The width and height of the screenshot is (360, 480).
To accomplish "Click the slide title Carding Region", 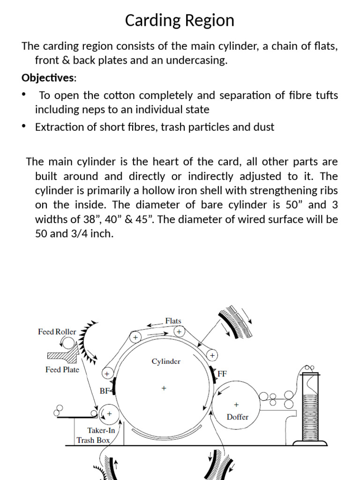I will (180, 21).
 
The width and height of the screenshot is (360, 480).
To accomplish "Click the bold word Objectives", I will (47, 77).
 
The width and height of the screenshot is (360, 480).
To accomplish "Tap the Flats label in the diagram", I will (173, 321).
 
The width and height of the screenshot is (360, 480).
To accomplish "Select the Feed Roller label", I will (57, 332).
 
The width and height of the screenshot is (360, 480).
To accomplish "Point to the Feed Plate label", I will (62, 370).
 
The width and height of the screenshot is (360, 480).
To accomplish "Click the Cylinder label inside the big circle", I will (166, 361).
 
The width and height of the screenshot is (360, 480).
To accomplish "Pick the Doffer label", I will (237, 417).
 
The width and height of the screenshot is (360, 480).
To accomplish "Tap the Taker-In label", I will (101, 430).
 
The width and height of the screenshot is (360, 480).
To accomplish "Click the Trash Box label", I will (93, 440).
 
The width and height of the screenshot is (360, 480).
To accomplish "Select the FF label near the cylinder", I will (223, 374).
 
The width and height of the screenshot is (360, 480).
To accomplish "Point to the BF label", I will (104, 390).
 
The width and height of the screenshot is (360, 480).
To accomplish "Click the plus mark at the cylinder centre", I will (164, 388).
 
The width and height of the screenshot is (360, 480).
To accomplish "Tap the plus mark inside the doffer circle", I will (236, 404).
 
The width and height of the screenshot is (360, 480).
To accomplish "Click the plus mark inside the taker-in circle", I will (109, 414).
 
